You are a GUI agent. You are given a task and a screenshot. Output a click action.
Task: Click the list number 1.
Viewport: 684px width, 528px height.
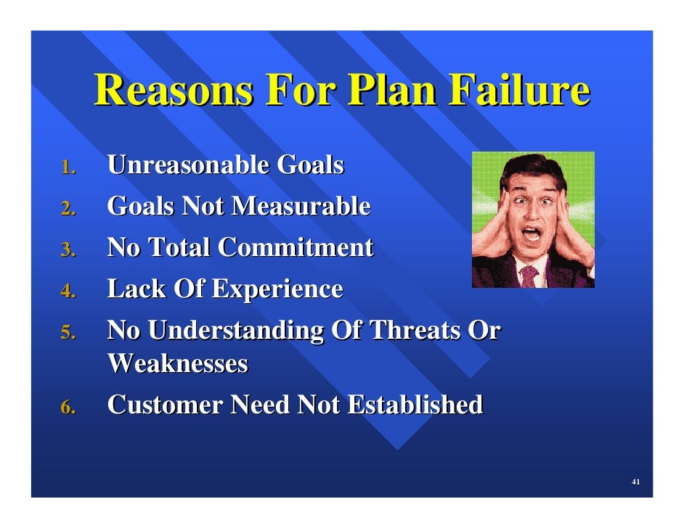(x=68, y=168)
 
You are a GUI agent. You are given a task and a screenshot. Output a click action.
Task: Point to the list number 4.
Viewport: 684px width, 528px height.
(x=68, y=292)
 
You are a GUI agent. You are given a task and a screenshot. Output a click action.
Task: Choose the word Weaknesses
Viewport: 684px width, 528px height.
(x=178, y=364)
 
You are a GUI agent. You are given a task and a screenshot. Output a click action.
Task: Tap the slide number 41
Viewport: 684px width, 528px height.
(x=635, y=482)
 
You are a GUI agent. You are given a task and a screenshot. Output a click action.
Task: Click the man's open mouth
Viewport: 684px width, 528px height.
(x=532, y=235)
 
